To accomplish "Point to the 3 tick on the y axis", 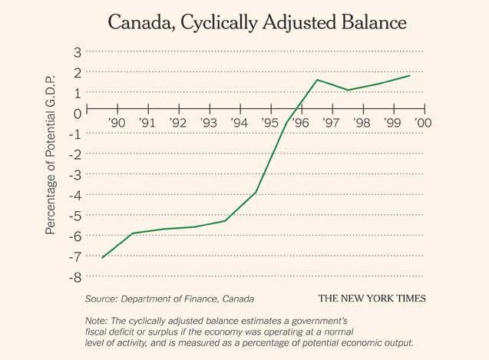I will point(77,52).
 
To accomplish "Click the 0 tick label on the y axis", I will point(77,114).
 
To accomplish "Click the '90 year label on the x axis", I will point(117,123).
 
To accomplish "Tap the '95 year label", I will point(269,123).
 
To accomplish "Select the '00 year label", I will point(423,123).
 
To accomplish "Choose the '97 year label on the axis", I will point(331,123).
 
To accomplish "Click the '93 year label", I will point(208,123).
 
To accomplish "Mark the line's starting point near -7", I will point(102,257).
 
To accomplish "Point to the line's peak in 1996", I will point(317,80).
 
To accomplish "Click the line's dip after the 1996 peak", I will point(348,90).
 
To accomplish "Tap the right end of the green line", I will point(409,75).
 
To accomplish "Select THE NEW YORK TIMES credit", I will point(372,298).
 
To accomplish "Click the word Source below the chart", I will point(102,298).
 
